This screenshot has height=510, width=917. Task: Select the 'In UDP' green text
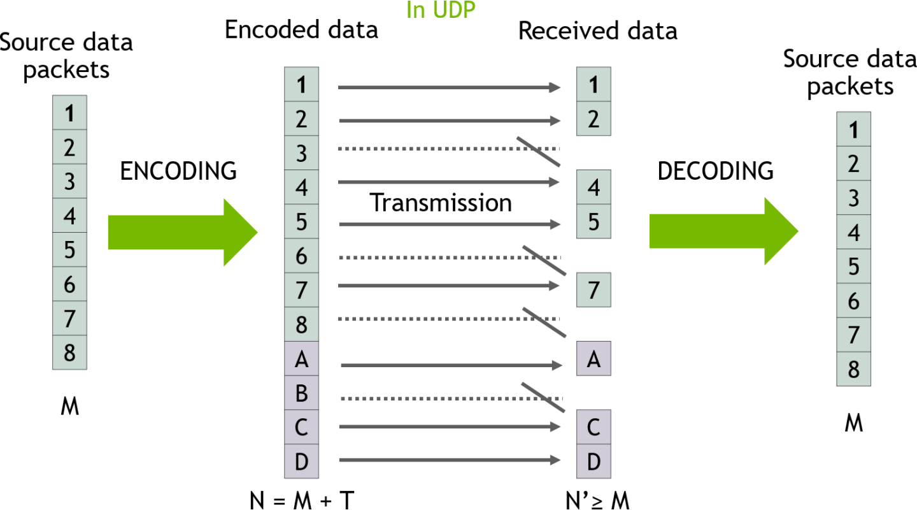(x=441, y=10)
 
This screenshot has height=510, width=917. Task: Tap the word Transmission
(x=441, y=203)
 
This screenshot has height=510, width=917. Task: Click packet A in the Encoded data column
(x=301, y=360)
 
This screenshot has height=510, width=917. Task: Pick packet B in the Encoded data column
(x=301, y=394)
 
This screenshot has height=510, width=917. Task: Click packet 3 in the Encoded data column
(x=301, y=154)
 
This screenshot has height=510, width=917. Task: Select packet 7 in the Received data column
(x=594, y=290)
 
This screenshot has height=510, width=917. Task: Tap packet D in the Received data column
(x=594, y=462)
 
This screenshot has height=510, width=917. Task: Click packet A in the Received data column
(x=594, y=359)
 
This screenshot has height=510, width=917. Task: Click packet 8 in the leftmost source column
(x=69, y=353)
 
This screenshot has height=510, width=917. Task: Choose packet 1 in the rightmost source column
(x=853, y=130)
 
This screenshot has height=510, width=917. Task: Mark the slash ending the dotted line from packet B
(x=543, y=397)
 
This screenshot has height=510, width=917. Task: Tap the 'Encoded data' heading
(x=301, y=30)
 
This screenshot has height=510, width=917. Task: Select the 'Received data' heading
(x=597, y=30)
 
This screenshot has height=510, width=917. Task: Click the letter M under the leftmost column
(x=69, y=407)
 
